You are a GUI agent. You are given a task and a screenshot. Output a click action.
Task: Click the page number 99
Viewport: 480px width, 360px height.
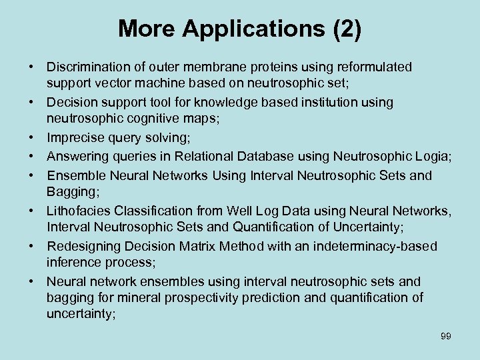coord(446,336)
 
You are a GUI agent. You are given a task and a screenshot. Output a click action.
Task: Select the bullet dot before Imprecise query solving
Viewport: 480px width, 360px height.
coord(31,139)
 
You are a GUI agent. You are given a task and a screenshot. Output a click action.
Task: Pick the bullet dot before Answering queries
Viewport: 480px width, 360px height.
coord(31,157)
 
